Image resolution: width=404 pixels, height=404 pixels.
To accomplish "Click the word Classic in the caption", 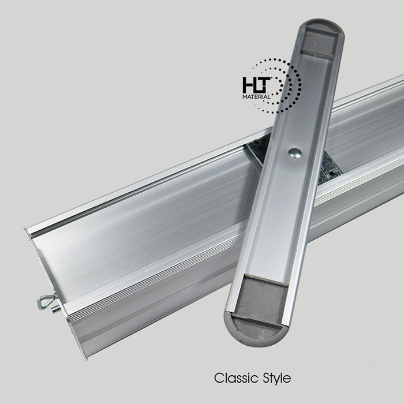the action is [236, 378].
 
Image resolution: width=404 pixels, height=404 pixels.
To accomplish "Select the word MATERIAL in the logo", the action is [257, 97].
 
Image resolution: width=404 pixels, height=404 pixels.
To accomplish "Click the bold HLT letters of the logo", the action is [257, 85].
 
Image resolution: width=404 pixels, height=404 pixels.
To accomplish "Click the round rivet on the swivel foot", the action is [295, 153].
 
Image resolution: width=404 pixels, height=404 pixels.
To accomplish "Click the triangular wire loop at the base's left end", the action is [46, 301].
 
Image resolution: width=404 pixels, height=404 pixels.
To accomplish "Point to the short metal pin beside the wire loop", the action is [55, 309].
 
